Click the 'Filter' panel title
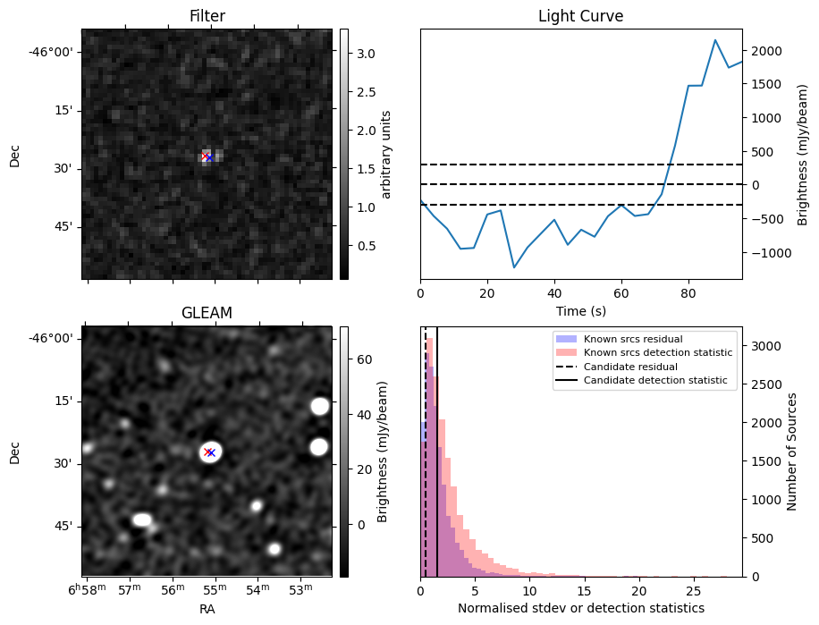click(207, 16)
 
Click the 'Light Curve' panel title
click(580, 16)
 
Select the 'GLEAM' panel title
click(207, 313)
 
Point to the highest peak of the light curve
click(715, 39)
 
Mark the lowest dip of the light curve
click(514, 267)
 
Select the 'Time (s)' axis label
click(580, 309)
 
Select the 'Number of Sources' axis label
click(791, 452)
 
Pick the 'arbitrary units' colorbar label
click(386, 154)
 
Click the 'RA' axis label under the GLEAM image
click(207, 609)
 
